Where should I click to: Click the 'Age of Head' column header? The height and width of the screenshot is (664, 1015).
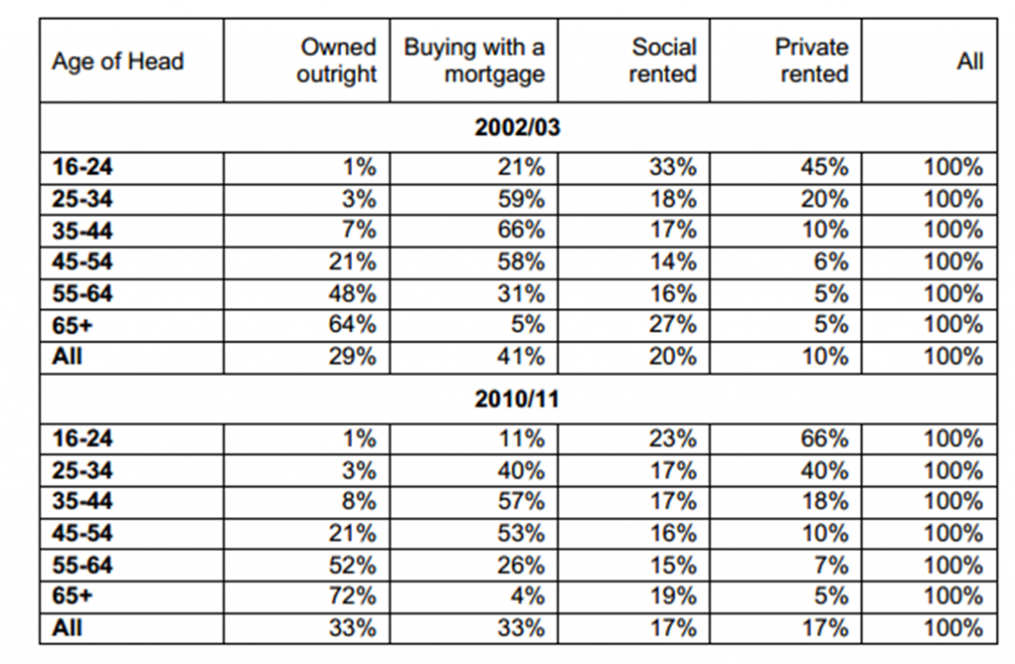point(118,61)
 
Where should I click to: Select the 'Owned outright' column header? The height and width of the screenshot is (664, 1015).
point(337,60)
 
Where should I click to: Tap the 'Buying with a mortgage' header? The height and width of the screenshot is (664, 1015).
point(475,60)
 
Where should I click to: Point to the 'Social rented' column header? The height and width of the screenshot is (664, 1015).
point(663,60)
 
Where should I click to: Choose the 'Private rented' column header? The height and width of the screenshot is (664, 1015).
point(812,60)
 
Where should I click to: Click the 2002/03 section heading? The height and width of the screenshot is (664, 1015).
point(517,127)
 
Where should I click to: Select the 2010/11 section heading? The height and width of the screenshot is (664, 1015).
point(517,398)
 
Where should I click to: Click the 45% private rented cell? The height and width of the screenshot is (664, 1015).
point(824,166)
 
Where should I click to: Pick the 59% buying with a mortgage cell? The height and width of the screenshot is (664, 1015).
point(521,198)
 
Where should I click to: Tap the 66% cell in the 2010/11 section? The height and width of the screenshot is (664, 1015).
point(824,439)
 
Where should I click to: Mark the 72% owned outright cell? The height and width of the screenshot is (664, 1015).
point(352,596)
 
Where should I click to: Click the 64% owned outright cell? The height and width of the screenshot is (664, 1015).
point(352,324)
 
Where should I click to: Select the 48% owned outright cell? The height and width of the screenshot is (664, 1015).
point(352,293)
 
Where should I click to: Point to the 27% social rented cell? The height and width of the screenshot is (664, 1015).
point(673,324)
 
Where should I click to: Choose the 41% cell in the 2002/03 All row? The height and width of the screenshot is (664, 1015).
point(521,357)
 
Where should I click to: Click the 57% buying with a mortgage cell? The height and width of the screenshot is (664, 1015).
point(521,501)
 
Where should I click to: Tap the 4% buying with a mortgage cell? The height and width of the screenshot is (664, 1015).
point(527,596)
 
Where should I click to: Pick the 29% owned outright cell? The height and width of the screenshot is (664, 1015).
point(352,357)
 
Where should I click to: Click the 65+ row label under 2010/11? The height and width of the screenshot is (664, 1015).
point(71,596)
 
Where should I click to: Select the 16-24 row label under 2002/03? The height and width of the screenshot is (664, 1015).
point(82,166)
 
